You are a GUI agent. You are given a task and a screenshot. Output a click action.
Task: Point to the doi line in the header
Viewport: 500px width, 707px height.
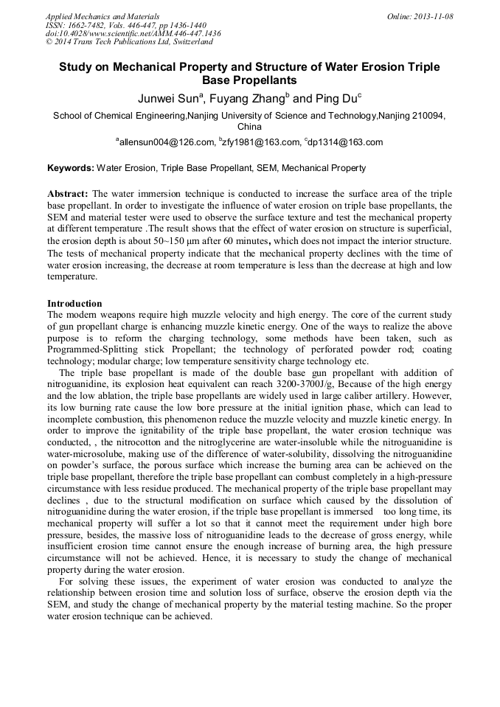coord(133,33)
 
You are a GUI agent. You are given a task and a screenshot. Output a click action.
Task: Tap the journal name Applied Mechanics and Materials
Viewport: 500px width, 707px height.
coord(102,16)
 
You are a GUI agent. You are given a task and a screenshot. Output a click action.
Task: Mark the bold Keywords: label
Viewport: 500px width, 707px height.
coord(71,168)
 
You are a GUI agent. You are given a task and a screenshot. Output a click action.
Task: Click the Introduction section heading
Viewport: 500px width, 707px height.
coord(74,303)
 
